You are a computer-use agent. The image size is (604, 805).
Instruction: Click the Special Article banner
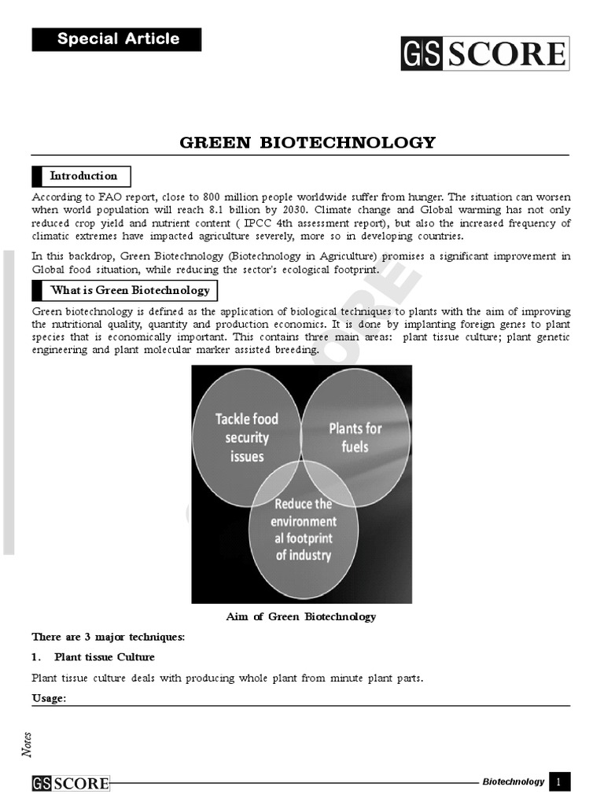116,39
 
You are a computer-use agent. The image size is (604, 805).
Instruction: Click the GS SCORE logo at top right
484,53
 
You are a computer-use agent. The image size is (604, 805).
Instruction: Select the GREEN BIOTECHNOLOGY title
308,142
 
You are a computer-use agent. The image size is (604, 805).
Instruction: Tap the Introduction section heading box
82,176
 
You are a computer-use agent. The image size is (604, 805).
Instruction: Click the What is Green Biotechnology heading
125,290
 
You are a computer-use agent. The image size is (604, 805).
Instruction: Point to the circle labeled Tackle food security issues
247,437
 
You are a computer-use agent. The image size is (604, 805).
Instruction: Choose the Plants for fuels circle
355,437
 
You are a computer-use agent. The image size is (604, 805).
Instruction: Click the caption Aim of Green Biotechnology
301,616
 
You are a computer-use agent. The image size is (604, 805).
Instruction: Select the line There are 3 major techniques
108,636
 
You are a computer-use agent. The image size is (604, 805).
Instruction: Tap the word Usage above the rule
49,698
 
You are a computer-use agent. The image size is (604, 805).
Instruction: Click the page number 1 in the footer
559,781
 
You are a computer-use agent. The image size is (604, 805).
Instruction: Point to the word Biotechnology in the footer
513,781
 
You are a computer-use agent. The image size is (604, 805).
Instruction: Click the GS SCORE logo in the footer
71,783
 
